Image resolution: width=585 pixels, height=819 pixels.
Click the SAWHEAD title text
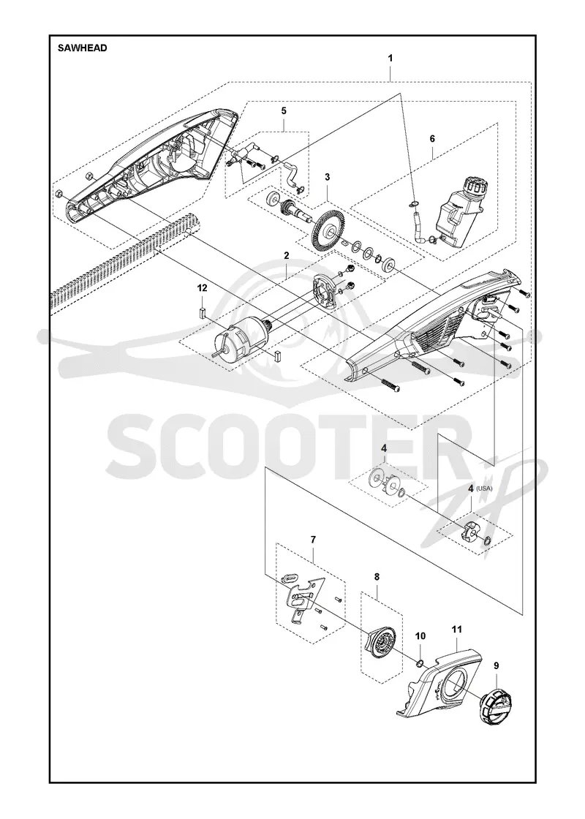[83, 48]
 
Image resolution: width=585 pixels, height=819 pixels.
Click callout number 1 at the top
[390, 58]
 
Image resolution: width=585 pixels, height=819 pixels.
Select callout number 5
[284, 110]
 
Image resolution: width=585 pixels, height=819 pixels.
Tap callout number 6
[432, 139]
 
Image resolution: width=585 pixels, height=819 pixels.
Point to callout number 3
[328, 177]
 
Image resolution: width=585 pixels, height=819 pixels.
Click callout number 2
[286, 255]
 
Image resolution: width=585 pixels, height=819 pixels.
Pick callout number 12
[202, 288]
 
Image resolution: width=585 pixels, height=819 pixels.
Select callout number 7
[313, 538]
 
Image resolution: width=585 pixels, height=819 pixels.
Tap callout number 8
[377, 577]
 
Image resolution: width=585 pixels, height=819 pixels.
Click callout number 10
[420, 635]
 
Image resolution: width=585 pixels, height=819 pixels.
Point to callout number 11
[457, 630]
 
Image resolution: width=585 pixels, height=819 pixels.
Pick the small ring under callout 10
[419, 663]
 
